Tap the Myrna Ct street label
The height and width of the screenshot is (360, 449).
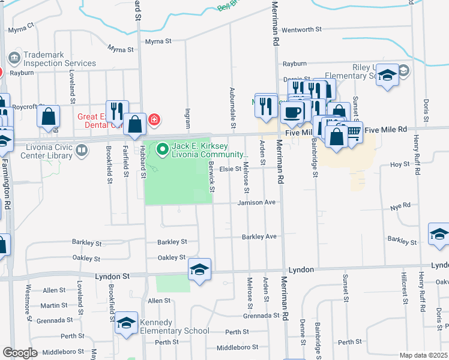click(x=21, y=29)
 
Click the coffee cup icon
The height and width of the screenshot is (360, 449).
click(x=292, y=112)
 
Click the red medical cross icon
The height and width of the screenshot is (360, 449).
click(x=154, y=119)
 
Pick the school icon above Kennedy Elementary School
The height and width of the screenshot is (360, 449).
click(x=127, y=324)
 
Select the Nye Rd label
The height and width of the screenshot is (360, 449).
click(x=403, y=205)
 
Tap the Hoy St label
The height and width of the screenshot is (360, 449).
click(x=400, y=164)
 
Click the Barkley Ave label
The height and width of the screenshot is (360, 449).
click(x=259, y=236)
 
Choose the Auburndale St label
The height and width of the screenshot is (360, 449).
click(x=232, y=107)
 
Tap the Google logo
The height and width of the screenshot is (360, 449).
click(x=20, y=353)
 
